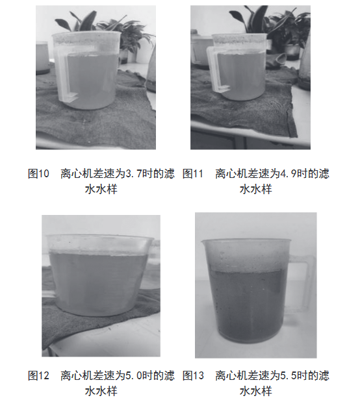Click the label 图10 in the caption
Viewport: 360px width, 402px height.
pos(38,174)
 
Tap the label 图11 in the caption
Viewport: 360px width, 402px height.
pos(193,174)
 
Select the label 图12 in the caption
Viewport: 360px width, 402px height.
pos(38,375)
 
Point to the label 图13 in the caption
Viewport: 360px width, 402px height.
pos(193,375)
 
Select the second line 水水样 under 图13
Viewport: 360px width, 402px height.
pos(255,391)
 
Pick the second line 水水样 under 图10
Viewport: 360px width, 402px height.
pos(101,190)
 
